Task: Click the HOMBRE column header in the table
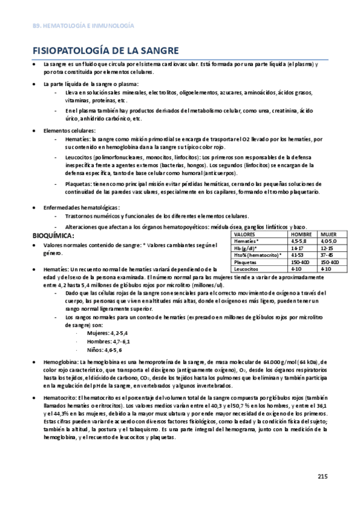pos(300,234)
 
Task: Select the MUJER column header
pos(329,234)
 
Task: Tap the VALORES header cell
pos(245,234)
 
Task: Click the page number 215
pos(322,476)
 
